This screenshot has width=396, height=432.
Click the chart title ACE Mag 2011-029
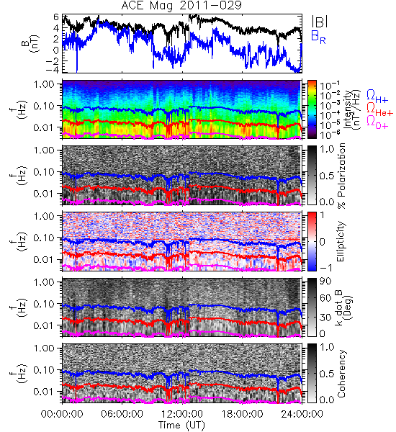click(x=181, y=6)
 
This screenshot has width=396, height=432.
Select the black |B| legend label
click(x=320, y=22)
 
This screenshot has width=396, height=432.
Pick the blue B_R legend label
click(x=318, y=37)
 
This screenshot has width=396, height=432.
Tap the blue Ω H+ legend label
click(x=377, y=96)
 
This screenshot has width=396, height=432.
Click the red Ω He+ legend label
click(x=379, y=109)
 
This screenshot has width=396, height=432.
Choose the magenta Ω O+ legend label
click(x=377, y=122)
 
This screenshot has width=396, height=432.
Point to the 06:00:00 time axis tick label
click(x=122, y=414)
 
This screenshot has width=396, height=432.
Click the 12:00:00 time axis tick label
click(x=182, y=414)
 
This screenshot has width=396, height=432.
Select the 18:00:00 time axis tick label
click(x=242, y=414)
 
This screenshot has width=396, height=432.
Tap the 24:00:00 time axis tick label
click(x=302, y=414)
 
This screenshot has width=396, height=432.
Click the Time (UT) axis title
click(x=182, y=425)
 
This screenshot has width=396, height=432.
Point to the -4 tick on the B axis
click(x=53, y=70)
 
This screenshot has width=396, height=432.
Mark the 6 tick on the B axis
click(x=56, y=17)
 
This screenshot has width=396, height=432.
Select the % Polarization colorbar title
click(x=341, y=176)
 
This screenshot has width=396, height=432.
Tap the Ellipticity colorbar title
click(x=341, y=241)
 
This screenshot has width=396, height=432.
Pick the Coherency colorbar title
click(x=341, y=374)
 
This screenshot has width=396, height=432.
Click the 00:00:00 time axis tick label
click(x=62, y=414)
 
